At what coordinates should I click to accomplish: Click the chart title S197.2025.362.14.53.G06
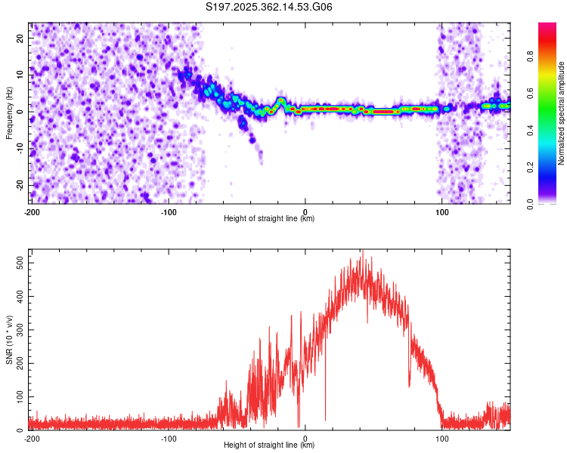[269, 8]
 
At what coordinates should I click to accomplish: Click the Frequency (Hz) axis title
[10, 112]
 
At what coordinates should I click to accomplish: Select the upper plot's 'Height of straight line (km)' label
[269, 219]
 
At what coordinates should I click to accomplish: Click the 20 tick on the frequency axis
[22, 38]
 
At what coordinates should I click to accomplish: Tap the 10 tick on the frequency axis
[22, 75]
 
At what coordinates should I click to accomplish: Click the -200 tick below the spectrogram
[32, 212]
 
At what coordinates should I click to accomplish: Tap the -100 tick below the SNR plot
[168, 439]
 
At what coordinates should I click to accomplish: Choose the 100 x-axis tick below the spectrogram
[442, 212]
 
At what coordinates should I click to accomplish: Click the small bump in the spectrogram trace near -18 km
[281, 100]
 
